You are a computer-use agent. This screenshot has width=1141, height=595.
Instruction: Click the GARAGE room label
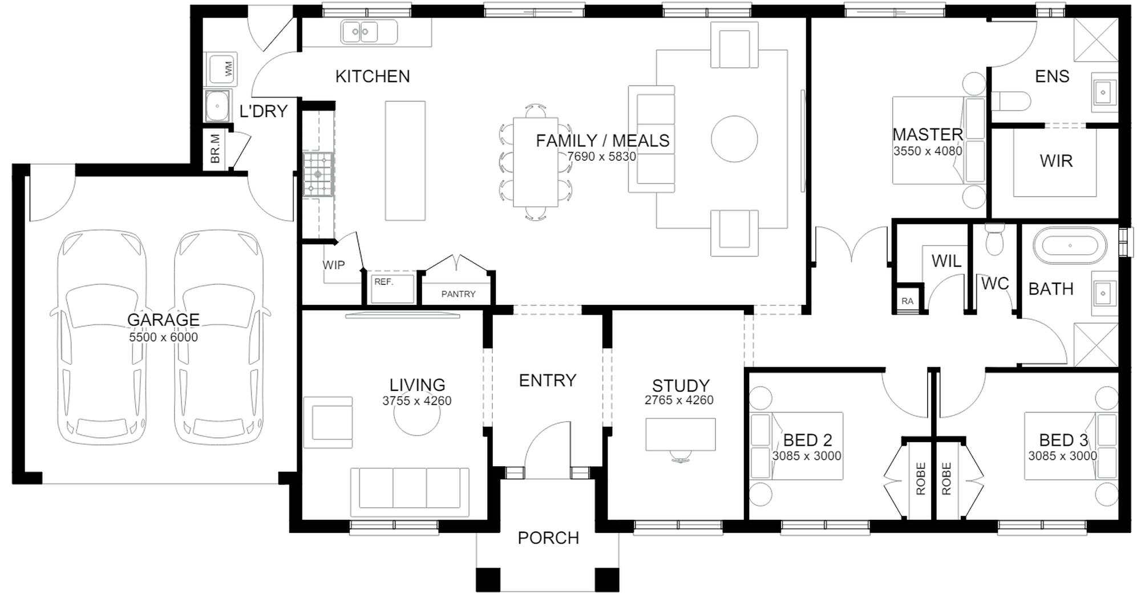[x=163, y=320]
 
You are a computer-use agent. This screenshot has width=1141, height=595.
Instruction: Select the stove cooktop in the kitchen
[x=318, y=174]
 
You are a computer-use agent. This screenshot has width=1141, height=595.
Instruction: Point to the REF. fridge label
[x=384, y=282]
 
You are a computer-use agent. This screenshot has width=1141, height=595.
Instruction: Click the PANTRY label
[x=458, y=294]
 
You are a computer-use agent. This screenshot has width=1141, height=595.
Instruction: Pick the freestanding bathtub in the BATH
[x=1070, y=246]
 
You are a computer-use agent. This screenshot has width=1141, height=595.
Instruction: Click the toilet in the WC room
[x=994, y=240]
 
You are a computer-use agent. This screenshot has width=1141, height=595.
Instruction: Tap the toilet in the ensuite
[x=1011, y=101]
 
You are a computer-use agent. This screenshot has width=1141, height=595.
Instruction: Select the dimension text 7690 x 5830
[x=601, y=157]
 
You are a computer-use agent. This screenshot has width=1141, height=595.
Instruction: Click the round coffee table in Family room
[x=734, y=138]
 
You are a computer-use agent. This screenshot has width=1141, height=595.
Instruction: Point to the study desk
[x=680, y=434]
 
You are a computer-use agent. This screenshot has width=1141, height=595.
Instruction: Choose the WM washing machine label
[x=229, y=69]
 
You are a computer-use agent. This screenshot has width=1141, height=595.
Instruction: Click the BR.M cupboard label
[x=215, y=149]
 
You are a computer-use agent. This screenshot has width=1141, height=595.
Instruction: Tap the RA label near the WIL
[x=907, y=301]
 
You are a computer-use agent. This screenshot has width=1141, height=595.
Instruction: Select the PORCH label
[x=548, y=538]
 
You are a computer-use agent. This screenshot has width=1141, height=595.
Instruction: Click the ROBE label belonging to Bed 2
[x=920, y=479]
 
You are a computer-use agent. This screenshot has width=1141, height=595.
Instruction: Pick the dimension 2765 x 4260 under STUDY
[x=679, y=401]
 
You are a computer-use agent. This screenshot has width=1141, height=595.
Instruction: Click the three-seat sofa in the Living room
[x=410, y=488]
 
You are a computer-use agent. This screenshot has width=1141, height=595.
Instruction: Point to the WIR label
[x=1056, y=161]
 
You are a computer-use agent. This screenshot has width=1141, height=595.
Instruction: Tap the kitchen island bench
[x=405, y=161]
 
